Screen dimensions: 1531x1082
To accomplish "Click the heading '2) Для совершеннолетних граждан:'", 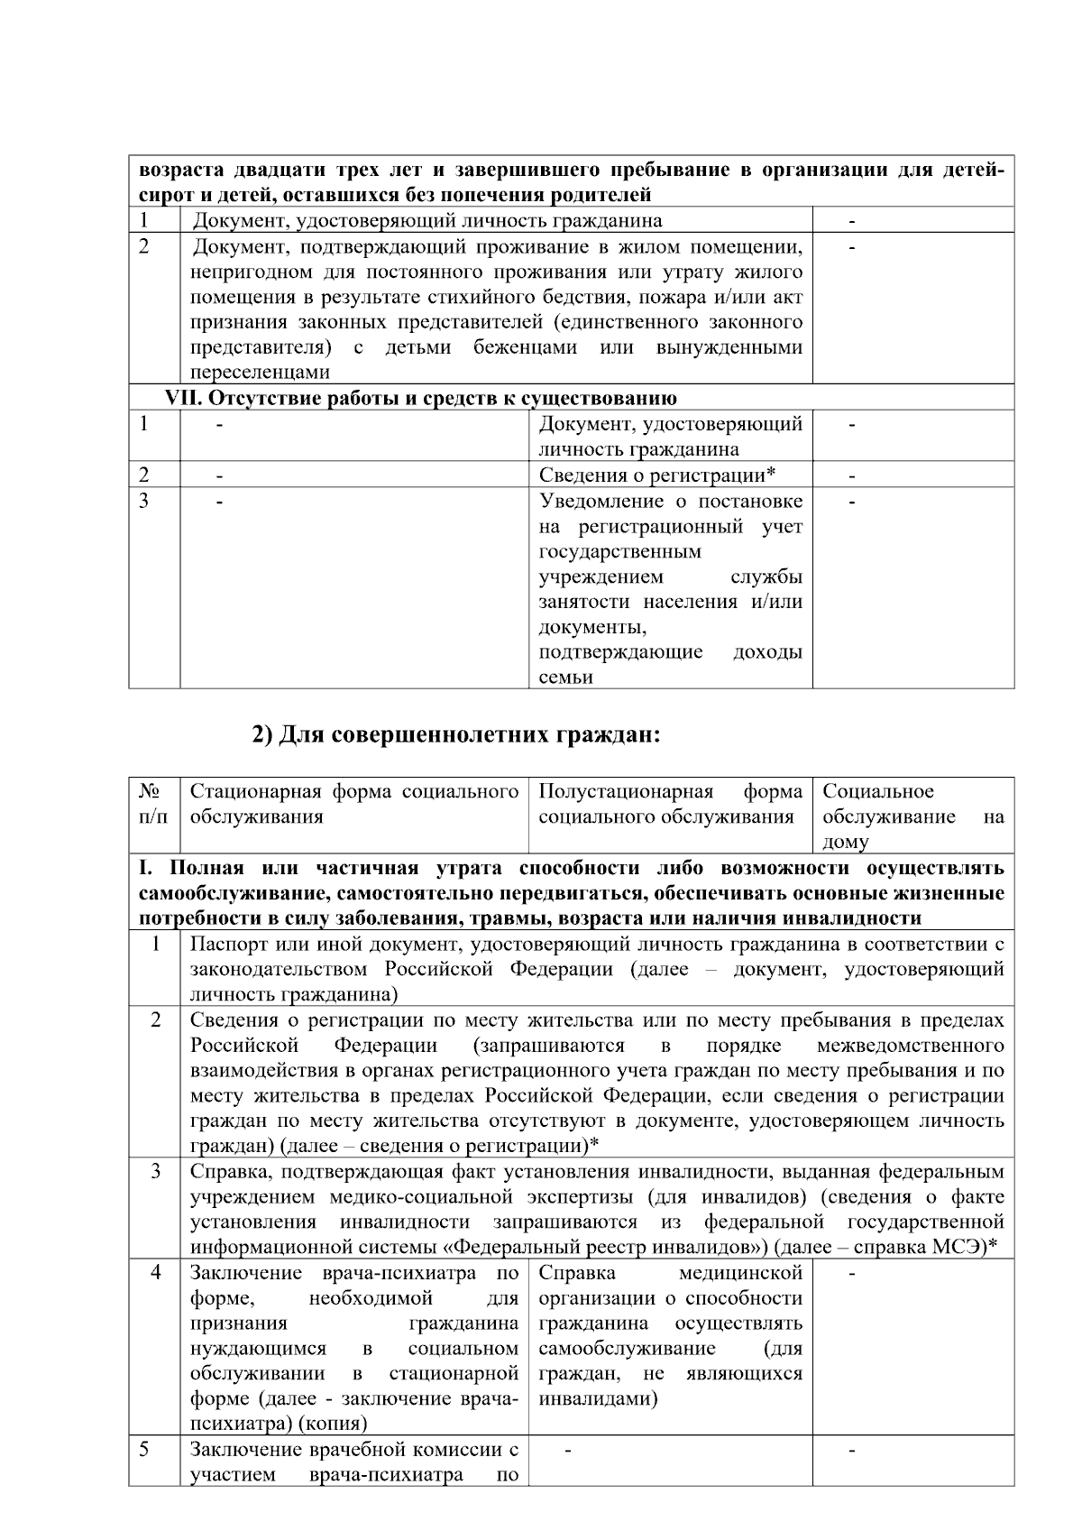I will point(456,735).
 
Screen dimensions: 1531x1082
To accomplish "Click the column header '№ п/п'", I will point(152,804).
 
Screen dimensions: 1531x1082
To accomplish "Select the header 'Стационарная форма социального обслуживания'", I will point(353,804).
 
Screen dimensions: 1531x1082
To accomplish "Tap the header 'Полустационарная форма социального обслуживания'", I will point(670,804).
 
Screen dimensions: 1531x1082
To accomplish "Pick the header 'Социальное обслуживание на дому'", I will point(912,816).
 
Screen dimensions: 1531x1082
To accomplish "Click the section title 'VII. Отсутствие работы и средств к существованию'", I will point(421,398).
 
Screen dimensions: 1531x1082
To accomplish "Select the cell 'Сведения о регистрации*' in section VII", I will point(657,475).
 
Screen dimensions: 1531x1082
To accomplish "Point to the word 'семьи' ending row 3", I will point(565,678).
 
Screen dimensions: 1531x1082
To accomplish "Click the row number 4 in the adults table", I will point(156,1274).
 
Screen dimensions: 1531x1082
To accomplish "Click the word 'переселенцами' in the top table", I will point(260,373).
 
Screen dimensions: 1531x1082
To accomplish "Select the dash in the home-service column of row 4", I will point(853,1274).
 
